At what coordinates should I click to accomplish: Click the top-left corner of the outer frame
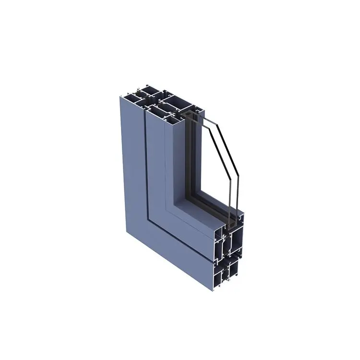click(x=119, y=96)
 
